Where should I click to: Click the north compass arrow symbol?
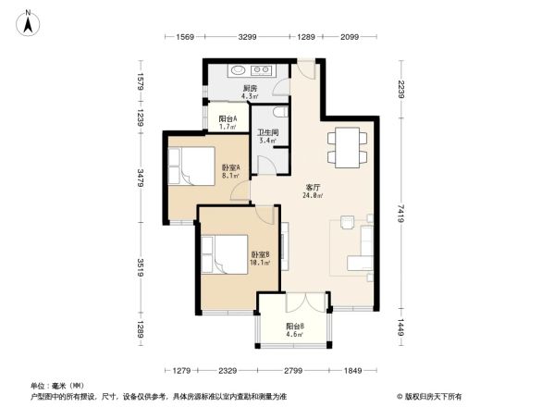coord(29,20)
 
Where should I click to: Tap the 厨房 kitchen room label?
coord(250,89)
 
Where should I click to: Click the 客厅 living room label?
coord(314,188)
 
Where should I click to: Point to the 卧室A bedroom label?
coord(231,167)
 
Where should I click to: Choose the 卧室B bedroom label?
coord(260,253)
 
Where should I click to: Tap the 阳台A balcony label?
coord(228,119)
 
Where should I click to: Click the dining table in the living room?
coord(347,148)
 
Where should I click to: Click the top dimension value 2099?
coord(348,36)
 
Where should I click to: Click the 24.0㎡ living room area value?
coord(314,195)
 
